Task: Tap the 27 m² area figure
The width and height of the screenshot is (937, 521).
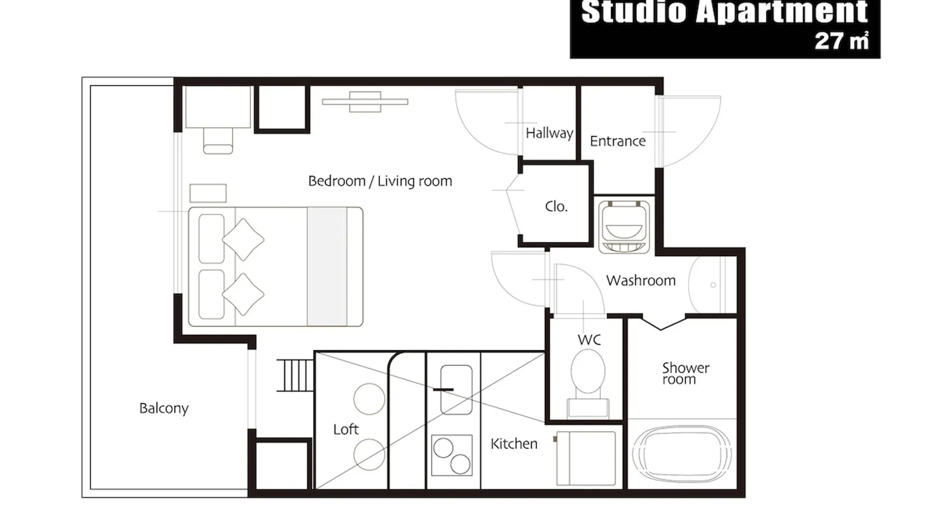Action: (x=842, y=41)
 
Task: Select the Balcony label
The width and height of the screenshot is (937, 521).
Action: (x=164, y=408)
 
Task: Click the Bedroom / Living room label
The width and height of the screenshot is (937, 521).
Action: (x=380, y=181)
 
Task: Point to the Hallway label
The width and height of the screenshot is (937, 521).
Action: (x=549, y=133)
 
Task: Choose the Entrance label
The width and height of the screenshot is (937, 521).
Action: (x=618, y=141)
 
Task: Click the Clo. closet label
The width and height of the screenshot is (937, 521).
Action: (x=556, y=206)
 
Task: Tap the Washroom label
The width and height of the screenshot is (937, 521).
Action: (x=641, y=280)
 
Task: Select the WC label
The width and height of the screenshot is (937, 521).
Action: (x=589, y=340)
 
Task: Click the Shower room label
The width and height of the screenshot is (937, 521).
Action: (x=686, y=374)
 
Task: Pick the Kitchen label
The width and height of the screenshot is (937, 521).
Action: (x=514, y=443)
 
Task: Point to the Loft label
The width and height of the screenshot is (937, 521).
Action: (x=346, y=429)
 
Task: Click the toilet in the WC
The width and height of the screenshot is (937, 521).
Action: (x=588, y=383)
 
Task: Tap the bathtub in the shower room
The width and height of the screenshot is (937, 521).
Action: (x=682, y=454)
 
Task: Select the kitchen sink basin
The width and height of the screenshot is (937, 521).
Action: (x=457, y=390)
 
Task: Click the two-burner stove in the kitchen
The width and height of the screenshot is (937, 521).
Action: (x=452, y=455)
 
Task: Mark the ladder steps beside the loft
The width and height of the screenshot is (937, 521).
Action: (x=295, y=375)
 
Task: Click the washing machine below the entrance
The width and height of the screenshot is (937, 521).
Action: (x=624, y=227)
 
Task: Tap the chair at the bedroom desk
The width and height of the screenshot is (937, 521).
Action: (x=218, y=141)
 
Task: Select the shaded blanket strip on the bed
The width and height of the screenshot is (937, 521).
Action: (x=327, y=267)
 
